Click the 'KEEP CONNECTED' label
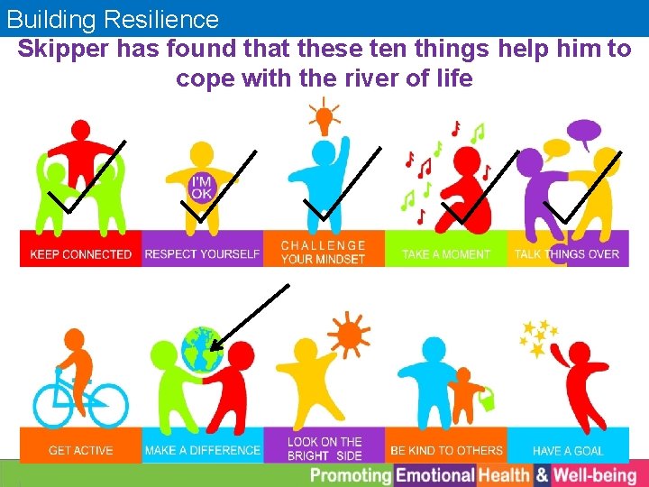pos(81,254)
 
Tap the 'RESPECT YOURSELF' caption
pos(202,254)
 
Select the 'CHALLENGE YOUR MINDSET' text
pos(324,253)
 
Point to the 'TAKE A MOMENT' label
pos(446,254)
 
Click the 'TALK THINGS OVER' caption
pos(567,254)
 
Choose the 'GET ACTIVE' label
pos(81,450)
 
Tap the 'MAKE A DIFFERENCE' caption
pos(202,450)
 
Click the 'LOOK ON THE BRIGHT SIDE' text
pos(324,448)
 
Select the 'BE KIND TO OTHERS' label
pos(446,450)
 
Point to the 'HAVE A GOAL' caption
pos(567,450)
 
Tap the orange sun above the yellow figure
pos(349,335)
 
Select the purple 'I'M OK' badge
pos(203,188)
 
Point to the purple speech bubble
pos(586,133)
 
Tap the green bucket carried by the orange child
pos(487,399)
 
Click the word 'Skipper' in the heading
pos(60,49)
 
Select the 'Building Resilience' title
pos(113,19)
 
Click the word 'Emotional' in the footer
pos(435,475)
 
